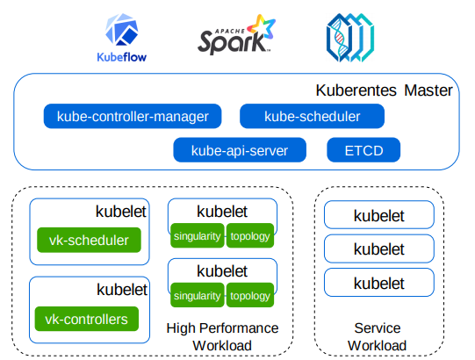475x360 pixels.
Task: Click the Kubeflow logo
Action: [x=122, y=38]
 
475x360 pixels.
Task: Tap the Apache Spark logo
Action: [x=236, y=35]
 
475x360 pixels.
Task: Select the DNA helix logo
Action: [x=350, y=38]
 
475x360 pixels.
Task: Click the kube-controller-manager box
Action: [x=133, y=117]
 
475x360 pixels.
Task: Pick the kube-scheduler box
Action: [x=312, y=117]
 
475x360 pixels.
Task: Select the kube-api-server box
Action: [x=240, y=150]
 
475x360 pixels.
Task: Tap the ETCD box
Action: [x=363, y=150]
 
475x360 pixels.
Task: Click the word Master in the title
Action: [x=428, y=90]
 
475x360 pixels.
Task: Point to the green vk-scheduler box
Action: [x=89, y=240]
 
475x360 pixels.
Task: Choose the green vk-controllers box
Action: [x=87, y=319]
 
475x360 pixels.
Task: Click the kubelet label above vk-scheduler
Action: [x=121, y=212]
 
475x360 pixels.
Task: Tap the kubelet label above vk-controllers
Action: [x=122, y=290]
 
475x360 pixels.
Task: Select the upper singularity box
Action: [x=198, y=236]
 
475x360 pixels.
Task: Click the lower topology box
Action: [x=250, y=295]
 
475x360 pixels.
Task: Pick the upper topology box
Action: [x=250, y=236]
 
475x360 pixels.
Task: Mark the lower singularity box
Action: [x=198, y=295]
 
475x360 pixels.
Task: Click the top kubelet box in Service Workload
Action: [x=379, y=215]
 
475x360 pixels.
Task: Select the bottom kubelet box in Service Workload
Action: [x=379, y=283]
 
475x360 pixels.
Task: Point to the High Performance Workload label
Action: [x=222, y=336]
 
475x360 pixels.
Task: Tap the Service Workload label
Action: [x=378, y=336]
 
